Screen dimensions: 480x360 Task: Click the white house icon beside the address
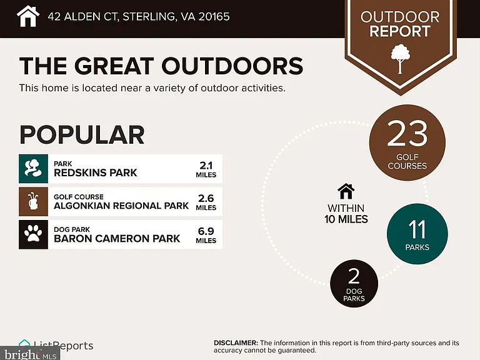[x=28, y=16]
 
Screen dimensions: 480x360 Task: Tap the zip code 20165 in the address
[x=214, y=16]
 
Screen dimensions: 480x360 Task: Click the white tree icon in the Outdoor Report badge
[x=400, y=59]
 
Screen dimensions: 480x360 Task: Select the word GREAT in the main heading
[x=114, y=66]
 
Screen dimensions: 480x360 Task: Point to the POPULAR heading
[x=82, y=135]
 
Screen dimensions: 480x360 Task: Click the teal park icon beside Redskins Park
[x=33, y=169]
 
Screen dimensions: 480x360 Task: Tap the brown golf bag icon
[x=33, y=202]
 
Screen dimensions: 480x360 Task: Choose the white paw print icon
[x=33, y=234]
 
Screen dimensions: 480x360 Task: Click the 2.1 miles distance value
[x=206, y=169]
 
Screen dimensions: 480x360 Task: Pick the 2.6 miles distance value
[x=206, y=202]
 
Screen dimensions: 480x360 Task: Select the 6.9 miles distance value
[x=206, y=236]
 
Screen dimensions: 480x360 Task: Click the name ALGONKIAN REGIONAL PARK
[x=121, y=206]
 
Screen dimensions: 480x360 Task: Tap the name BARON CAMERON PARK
[x=117, y=239]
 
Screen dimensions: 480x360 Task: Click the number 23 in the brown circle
[x=407, y=134]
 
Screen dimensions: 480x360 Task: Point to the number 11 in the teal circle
[x=417, y=229]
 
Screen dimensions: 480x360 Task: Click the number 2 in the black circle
[x=354, y=276]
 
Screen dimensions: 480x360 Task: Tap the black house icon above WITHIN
[x=346, y=191]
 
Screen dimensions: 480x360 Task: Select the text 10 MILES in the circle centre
[x=346, y=219]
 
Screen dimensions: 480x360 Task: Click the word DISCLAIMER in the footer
[x=236, y=343]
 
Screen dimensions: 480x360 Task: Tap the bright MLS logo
[x=30, y=354]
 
